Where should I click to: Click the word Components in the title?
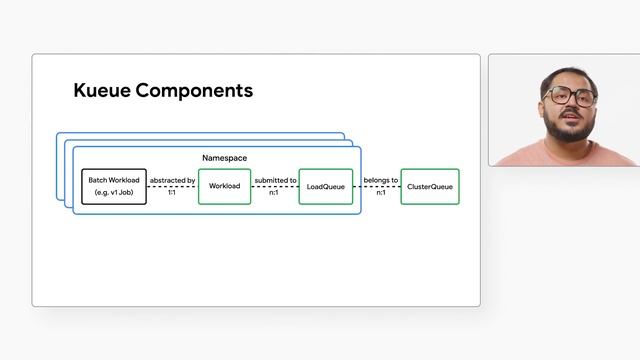tap(194, 91)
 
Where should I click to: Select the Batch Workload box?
tap(113, 186)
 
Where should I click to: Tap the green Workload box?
tap(224, 187)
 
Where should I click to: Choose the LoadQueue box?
tap(326, 187)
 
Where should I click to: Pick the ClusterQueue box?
tap(430, 187)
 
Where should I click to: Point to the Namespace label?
tap(224, 158)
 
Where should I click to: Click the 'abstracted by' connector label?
tap(172, 180)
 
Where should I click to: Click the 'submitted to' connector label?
tap(275, 180)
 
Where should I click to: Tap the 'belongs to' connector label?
tap(380, 180)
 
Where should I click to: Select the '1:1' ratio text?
tap(172, 192)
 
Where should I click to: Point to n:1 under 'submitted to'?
tap(274, 192)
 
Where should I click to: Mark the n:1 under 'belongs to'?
tap(380, 192)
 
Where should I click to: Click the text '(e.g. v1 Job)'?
tap(113, 192)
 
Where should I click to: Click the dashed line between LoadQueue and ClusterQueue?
tap(377, 186)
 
